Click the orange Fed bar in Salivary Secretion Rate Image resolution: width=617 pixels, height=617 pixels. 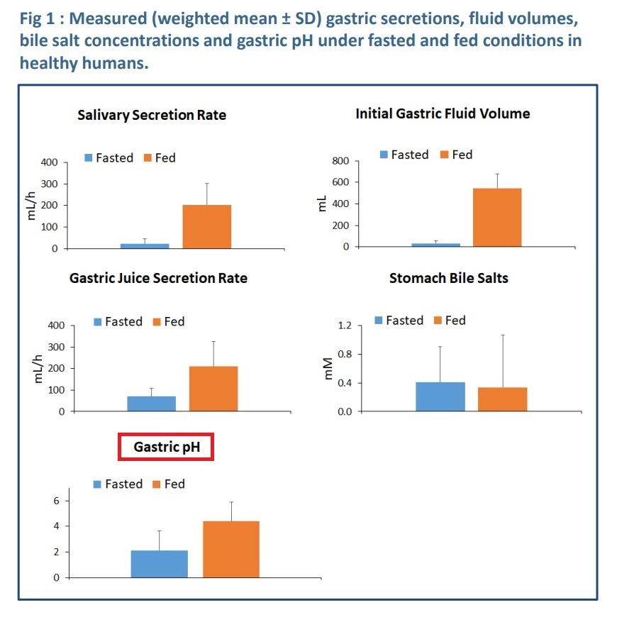(206, 227)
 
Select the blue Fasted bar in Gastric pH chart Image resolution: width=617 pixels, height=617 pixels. (160, 564)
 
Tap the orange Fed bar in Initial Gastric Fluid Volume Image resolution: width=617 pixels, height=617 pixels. (497, 218)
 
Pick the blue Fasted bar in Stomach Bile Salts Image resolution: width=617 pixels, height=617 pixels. (440, 396)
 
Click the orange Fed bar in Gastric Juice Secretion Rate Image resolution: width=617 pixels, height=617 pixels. (213, 389)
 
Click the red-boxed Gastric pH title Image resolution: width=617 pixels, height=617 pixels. (167, 447)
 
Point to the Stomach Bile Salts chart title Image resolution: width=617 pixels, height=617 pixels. (449, 278)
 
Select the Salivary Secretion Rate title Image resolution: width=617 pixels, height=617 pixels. (152, 115)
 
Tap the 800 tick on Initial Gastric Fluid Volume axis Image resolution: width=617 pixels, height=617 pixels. (340, 161)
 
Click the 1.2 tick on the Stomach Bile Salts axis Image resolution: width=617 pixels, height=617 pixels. (345, 326)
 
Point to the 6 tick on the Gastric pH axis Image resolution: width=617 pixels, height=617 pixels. (56, 501)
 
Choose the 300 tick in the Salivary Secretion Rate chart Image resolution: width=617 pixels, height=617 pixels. (49, 184)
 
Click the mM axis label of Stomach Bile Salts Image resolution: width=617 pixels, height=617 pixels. (328, 368)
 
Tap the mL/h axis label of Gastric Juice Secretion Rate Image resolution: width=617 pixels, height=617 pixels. (38, 369)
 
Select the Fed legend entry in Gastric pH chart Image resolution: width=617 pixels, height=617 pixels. (169, 484)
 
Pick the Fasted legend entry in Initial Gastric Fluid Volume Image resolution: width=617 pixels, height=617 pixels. (404, 155)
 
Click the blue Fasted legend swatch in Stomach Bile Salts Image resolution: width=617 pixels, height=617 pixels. (379, 321)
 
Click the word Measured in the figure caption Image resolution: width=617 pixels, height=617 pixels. (108, 18)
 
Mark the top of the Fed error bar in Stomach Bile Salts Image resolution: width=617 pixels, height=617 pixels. (503, 335)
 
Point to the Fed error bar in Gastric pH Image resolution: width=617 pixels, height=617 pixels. (231, 511)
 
